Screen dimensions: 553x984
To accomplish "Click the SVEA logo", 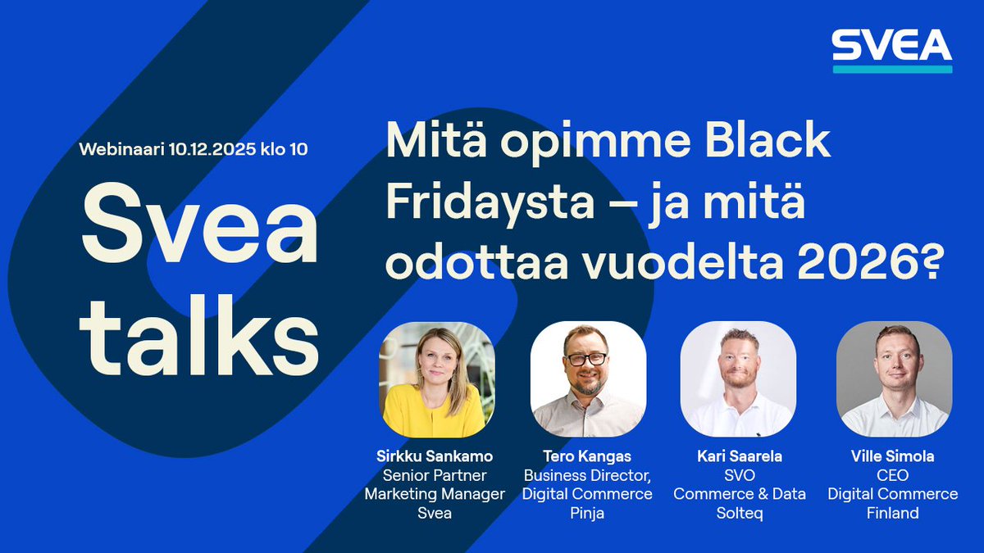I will click(x=892, y=50).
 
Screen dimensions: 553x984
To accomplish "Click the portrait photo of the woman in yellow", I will click(x=436, y=379).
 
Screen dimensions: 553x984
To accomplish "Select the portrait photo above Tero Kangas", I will click(x=587, y=379).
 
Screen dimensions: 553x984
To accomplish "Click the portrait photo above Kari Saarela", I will click(x=737, y=379).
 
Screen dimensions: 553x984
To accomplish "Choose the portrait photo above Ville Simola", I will click(x=893, y=379).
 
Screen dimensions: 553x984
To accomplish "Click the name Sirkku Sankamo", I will click(x=435, y=456).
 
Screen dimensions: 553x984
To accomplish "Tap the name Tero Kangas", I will click(x=587, y=456).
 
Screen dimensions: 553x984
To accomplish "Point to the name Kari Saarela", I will click(x=739, y=456).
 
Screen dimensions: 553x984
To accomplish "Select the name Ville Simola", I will click(x=892, y=456).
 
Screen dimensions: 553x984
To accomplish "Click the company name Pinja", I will click(x=587, y=513).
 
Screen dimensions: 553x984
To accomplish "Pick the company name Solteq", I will click(x=739, y=513).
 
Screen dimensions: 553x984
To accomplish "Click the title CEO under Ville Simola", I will click(x=892, y=475).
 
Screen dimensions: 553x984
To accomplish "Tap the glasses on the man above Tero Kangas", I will click(x=586, y=359).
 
